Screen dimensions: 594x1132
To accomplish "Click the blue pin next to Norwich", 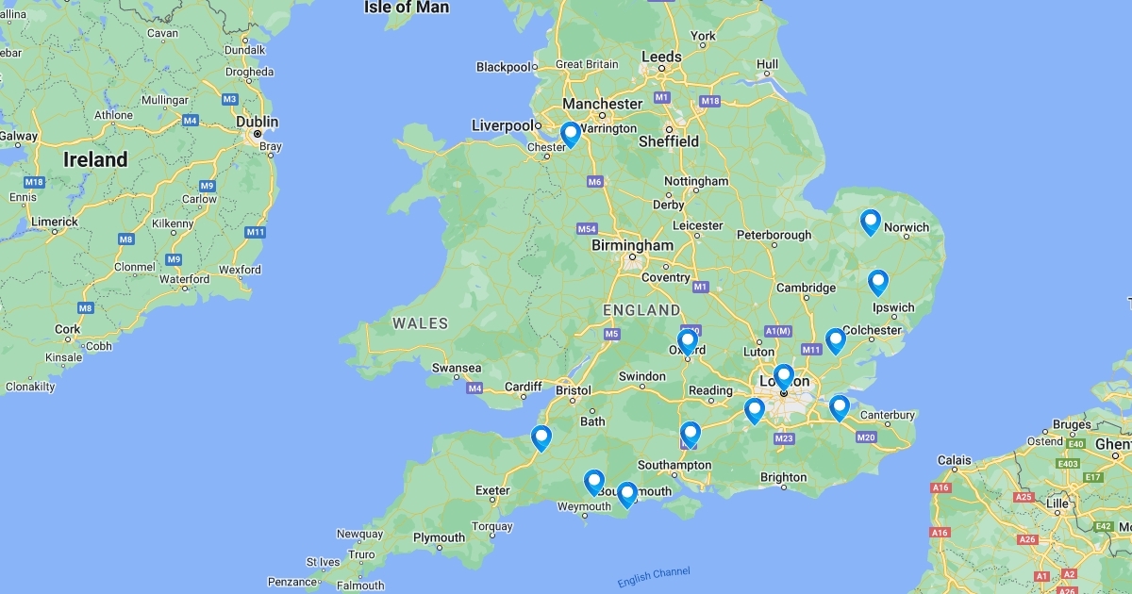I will (x=870, y=222).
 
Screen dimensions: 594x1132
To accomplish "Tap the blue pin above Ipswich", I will (x=877, y=282).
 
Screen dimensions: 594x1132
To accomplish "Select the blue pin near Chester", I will (x=570, y=135).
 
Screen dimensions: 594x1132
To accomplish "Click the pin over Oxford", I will (x=687, y=340).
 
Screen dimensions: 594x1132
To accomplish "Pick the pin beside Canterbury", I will (x=839, y=407).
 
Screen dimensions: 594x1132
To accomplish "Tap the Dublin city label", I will (x=258, y=122).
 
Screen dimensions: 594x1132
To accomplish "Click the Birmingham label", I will (x=632, y=245).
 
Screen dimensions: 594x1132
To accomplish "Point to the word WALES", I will (x=421, y=323).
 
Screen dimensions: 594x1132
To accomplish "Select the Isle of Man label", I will (x=406, y=8).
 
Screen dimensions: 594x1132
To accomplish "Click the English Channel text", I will (x=654, y=576).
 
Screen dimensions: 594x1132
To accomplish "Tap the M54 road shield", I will (x=586, y=229).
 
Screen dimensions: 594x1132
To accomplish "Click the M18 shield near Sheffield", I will (x=710, y=101).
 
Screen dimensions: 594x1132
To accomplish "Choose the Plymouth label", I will (x=439, y=537).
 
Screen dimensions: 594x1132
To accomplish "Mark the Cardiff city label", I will (x=524, y=387).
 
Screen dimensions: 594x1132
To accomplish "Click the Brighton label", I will (x=784, y=477).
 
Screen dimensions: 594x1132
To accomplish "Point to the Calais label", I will (x=954, y=461).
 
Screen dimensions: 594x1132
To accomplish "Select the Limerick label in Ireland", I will (x=55, y=222).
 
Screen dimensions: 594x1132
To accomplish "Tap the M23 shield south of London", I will (x=783, y=437).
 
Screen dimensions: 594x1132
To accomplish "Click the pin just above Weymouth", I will (x=593, y=482).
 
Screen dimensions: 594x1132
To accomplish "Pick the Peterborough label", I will (x=774, y=235).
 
